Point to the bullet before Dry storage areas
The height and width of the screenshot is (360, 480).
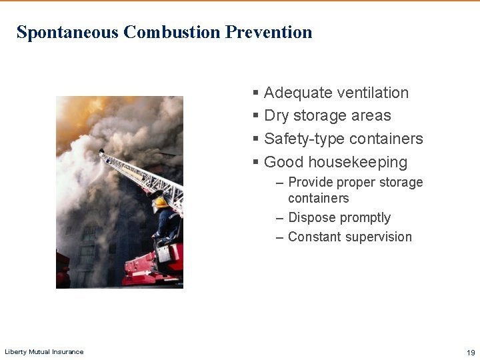pyautogui.click(x=255, y=116)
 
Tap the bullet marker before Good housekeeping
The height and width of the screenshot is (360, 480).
pyautogui.click(x=255, y=162)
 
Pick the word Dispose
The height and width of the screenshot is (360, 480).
pyautogui.click(x=311, y=218)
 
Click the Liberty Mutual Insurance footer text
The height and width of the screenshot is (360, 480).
pyautogui.click(x=44, y=351)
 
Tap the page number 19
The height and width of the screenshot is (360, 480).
pyautogui.click(x=471, y=352)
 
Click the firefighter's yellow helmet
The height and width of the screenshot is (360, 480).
pyautogui.click(x=160, y=201)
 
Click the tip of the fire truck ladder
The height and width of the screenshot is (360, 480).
pyautogui.click(x=101, y=153)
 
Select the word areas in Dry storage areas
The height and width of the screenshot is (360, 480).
pyautogui.click(x=372, y=116)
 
